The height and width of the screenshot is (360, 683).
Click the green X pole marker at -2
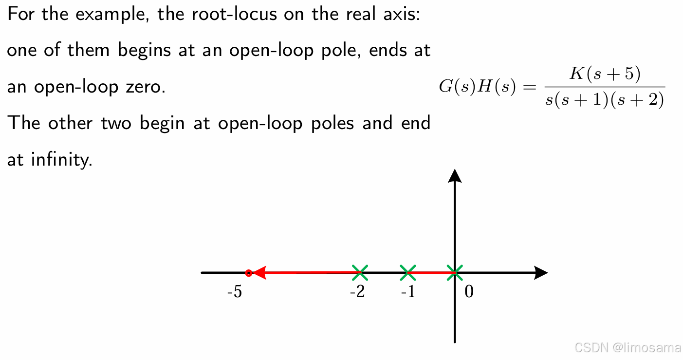point(360,273)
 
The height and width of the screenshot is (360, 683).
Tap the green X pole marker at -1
point(407,273)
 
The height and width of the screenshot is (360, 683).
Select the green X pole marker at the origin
point(454,273)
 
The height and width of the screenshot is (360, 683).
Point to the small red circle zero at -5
point(248,273)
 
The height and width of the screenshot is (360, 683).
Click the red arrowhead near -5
point(258,273)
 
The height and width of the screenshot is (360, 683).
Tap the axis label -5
point(234,292)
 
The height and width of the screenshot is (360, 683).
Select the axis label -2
point(357,292)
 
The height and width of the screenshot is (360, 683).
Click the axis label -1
point(408,292)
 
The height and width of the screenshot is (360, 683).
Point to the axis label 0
point(469,292)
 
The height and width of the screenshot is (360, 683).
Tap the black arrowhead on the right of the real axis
point(541,273)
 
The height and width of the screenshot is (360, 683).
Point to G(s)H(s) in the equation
point(477,87)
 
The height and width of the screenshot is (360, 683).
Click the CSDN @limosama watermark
point(628,347)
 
